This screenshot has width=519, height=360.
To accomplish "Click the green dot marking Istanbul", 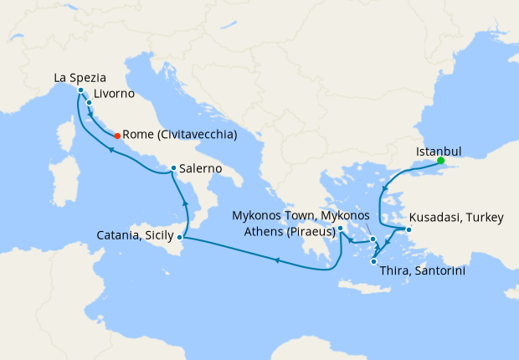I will (x=441, y=161).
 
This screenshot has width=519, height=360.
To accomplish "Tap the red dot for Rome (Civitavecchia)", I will (x=116, y=136).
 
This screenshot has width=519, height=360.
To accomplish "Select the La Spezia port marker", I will (x=80, y=90).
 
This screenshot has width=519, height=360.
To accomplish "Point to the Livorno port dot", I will (x=89, y=103).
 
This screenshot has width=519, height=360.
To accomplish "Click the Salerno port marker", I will (x=173, y=168).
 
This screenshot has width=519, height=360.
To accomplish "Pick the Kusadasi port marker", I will (x=409, y=229).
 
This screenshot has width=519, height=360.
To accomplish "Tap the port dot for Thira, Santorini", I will (x=373, y=262).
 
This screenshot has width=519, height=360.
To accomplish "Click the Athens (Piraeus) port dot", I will (x=341, y=227).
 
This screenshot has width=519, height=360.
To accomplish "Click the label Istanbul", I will (x=439, y=152).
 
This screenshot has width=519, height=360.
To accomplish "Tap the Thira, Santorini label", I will (x=422, y=271).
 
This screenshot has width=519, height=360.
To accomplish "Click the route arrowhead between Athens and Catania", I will (x=277, y=260).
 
